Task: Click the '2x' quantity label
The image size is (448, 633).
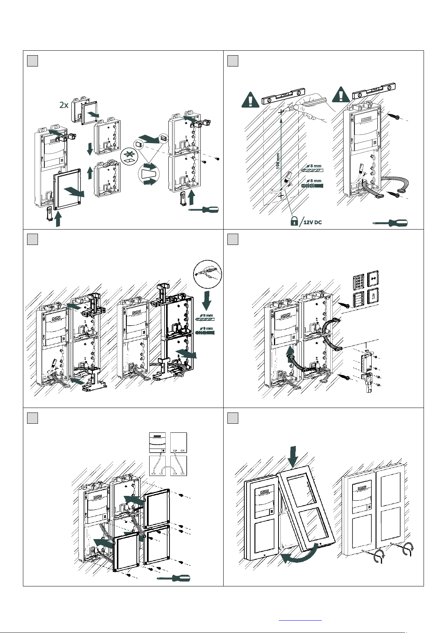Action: pos(64,105)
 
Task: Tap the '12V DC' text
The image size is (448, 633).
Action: pos(313,222)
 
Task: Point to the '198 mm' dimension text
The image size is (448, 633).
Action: pos(278,160)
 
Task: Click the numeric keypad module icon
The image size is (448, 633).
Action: pos(359,279)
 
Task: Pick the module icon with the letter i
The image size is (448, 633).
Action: pos(372,296)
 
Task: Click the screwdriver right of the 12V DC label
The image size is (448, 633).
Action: pos(390,223)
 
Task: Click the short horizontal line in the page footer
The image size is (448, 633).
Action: pos(300,620)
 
